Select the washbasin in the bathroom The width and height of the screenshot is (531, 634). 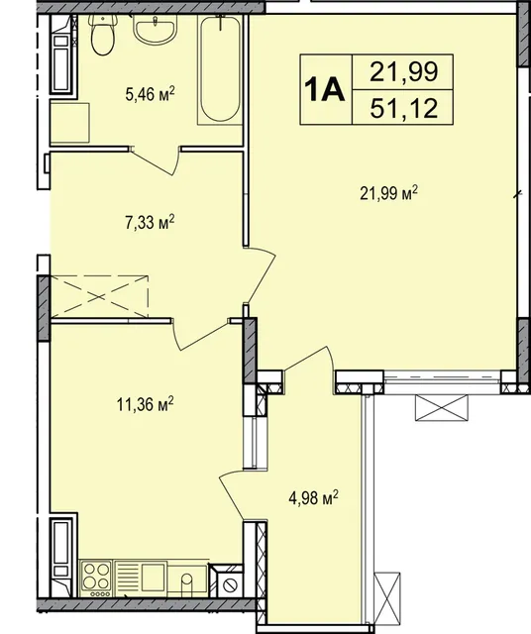pos(155,30)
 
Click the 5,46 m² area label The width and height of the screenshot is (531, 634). pos(150,96)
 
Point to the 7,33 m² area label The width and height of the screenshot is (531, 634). pos(150,223)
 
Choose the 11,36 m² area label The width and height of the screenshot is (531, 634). pos(146,404)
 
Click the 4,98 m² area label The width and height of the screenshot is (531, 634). pos(313,498)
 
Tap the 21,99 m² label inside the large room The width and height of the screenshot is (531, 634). pos(388,194)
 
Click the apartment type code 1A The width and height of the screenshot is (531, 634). pos(325,90)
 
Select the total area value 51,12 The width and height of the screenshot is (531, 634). pos(404,109)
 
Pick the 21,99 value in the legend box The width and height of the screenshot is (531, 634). pos(404,72)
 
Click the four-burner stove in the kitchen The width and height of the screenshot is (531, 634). pos(96,579)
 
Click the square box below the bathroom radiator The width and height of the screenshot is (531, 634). pos(69,123)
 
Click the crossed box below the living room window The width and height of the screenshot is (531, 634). pos(442,408)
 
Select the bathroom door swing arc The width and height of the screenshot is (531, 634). pos(157,160)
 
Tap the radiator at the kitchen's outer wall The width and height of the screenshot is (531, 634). pos(61,557)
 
